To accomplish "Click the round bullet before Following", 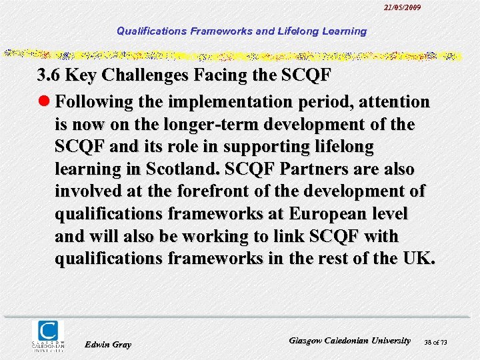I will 44,101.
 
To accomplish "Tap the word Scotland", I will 193,169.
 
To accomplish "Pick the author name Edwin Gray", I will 109,344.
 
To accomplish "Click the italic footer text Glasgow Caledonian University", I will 350,340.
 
